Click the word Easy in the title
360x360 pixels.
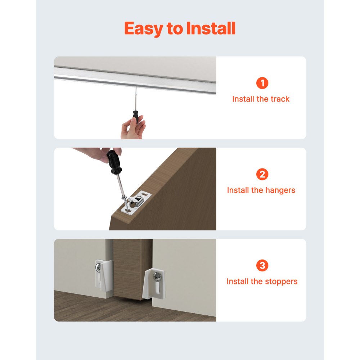(143, 28)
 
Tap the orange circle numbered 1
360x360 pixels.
(262, 83)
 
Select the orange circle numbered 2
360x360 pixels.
(262, 175)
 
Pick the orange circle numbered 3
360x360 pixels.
(262, 266)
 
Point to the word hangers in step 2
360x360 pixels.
(278, 190)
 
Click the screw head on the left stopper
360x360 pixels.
(98, 268)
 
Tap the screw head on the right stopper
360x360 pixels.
(157, 276)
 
